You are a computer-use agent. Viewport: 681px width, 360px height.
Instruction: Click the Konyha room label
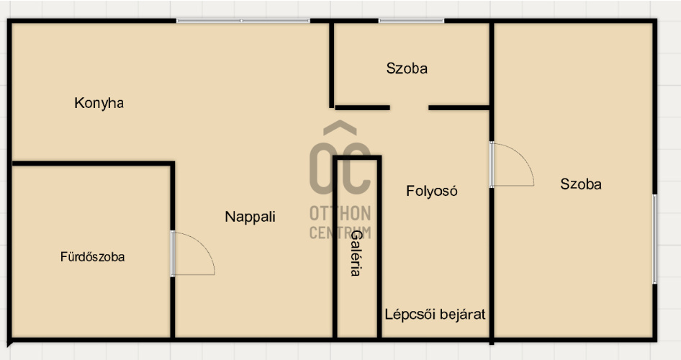(x=99, y=104)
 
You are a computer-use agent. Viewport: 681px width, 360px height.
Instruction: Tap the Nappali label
(x=251, y=217)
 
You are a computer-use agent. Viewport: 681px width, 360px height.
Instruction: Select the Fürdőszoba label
(x=93, y=256)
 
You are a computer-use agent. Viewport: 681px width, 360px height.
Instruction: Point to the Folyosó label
(x=432, y=191)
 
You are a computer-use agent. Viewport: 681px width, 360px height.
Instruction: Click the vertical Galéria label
(x=356, y=253)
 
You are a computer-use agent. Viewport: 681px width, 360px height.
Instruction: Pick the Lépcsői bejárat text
(x=436, y=314)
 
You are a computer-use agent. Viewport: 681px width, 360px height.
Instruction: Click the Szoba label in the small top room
(x=407, y=68)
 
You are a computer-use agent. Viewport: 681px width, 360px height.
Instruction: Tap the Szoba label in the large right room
(x=581, y=184)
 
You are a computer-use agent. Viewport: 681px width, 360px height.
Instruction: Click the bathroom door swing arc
(x=205, y=245)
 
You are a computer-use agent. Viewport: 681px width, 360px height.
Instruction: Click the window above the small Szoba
(x=411, y=20)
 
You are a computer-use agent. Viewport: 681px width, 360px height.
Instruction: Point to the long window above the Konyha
(x=243, y=20)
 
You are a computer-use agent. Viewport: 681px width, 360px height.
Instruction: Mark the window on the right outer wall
(x=654, y=239)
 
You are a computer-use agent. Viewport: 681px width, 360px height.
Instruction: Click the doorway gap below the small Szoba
(x=409, y=108)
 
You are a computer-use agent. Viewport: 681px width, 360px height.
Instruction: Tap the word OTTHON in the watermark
(x=340, y=214)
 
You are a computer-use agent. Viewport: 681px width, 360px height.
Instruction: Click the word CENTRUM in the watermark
(x=340, y=233)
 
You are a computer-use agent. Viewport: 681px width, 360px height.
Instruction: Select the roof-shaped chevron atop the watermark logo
(x=340, y=127)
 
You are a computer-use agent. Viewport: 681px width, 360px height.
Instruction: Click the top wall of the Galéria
(x=357, y=158)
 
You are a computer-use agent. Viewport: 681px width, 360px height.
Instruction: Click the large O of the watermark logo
(x=323, y=168)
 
